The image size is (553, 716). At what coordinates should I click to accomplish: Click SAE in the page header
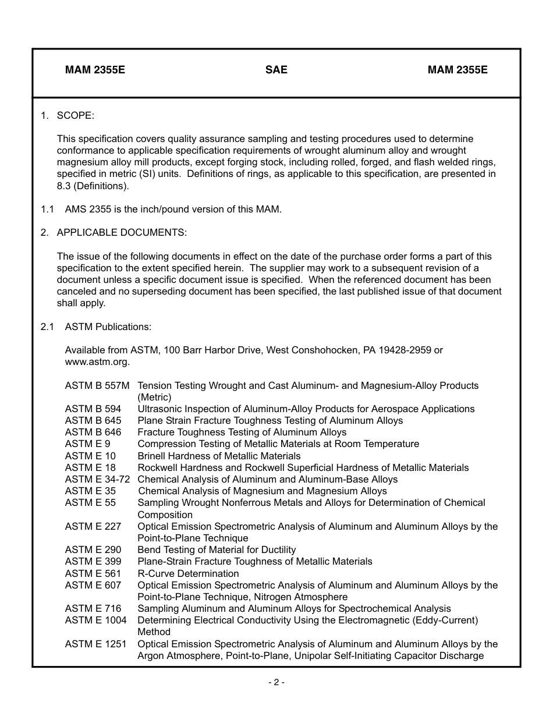pyautogui.click(x=276, y=70)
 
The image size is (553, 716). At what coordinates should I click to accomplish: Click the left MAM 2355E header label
pyautogui.click(x=95, y=70)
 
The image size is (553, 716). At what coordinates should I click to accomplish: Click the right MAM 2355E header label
pyautogui.click(x=458, y=70)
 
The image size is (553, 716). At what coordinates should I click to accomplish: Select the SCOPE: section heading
pyautogui.click(x=75, y=115)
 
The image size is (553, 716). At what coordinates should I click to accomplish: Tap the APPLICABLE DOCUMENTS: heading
pyautogui.click(x=122, y=232)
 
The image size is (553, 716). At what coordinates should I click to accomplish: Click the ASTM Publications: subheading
pyautogui.click(x=108, y=327)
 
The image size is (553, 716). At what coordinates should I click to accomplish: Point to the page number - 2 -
pyautogui.click(x=276, y=682)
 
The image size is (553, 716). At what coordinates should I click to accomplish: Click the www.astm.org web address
pyautogui.click(x=97, y=361)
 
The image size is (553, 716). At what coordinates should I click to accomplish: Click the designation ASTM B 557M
pyautogui.click(x=97, y=385)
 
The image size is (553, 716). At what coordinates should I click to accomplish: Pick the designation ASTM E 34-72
pyautogui.click(x=97, y=479)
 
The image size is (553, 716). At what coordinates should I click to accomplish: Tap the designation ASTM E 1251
pyautogui.click(x=95, y=644)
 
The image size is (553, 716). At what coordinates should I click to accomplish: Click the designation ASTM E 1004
pyautogui.click(x=95, y=620)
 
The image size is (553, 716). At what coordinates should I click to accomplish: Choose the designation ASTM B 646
pyautogui.click(x=93, y=432)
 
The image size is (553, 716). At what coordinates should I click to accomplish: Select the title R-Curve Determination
pyautogui.click(x=188, y=573)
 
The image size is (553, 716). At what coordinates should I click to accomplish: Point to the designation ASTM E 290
pyautogui.click(x=93, y=550)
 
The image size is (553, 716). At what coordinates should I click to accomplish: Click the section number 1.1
pyautogui.click(x=47, y=209)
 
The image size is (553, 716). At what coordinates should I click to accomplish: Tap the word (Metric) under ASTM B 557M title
pyautogui.click(x=154, y=397)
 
